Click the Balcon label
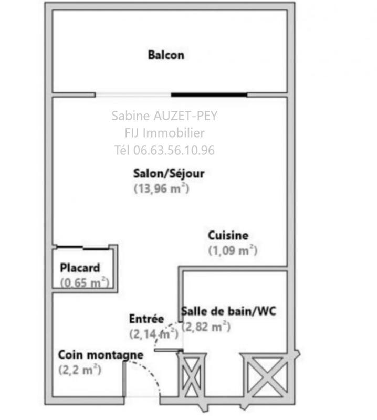(166, 55)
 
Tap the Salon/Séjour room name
(168, 173)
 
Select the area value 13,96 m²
(162, 188)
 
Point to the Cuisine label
(228, 236)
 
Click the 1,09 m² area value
(233, 250)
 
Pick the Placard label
(80, 268)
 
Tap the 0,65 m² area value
(85, 282)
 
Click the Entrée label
(146, 319)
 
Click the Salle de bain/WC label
(228, 311)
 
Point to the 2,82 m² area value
(206, 327)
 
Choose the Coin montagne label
(100, 355)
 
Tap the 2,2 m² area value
(80, 370)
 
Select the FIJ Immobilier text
(164, 133)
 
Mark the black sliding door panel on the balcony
(209, 95)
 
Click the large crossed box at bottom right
(265, 374)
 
